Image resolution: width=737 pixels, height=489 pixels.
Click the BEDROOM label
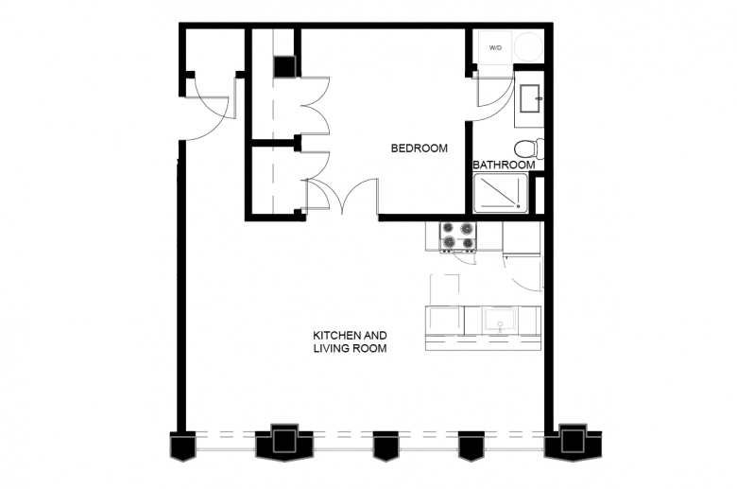click(420, 148)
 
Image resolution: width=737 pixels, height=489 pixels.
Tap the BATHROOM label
click(504, 165)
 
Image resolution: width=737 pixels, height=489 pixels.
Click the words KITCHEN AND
click(351, 336)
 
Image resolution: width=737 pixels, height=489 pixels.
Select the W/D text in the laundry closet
click(495, 48)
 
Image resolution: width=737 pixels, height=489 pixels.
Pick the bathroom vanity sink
click(531, 98)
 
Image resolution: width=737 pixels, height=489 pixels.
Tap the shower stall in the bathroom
click(501, 193)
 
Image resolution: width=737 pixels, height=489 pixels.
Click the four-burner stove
click(457, 236)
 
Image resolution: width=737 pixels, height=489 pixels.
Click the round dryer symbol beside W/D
click(528, 47)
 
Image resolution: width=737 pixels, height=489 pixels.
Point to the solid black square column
click(283, 66)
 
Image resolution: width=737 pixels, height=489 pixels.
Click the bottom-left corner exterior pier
click(182, 446)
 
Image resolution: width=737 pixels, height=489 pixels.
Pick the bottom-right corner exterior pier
click(573, 443)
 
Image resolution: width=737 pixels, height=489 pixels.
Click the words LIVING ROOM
click(351, 349)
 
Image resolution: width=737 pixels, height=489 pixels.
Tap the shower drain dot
click(518, 205)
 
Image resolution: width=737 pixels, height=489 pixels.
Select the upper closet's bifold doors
click(316, 106)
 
